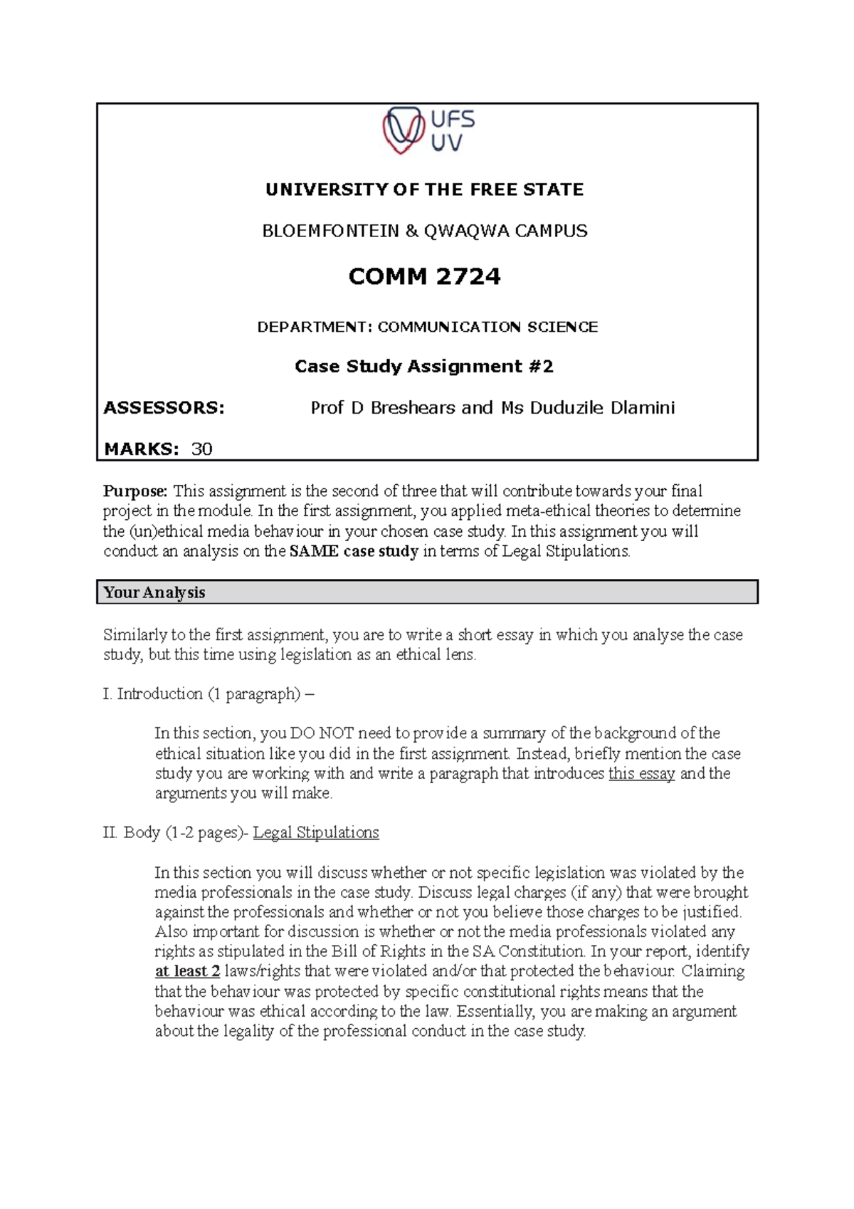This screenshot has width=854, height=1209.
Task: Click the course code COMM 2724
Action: (x=424, y=276)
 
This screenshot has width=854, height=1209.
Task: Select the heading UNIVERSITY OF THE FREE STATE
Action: (x=424, y=189)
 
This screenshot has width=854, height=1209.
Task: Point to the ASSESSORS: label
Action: (x=164, y=408)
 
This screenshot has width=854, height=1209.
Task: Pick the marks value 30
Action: (x=202, y=449)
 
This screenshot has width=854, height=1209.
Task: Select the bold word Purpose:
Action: (x=136, y=491)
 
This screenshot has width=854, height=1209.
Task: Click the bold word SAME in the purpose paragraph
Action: (x=314, y=551)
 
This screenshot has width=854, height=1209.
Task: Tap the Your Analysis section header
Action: (x=154, y=592)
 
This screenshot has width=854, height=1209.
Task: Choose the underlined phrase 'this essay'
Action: (x=641, y=774)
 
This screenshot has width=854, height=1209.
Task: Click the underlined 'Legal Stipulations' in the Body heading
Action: (x=316, y=832)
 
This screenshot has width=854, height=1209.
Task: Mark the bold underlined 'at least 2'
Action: (x=187, y=971)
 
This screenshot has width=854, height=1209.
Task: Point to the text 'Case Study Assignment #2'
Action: (x=424, y=367)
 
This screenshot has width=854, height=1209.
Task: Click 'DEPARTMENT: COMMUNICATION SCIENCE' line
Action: (x=427, y=327)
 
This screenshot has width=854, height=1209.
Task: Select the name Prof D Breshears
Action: (x=383, y=408)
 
